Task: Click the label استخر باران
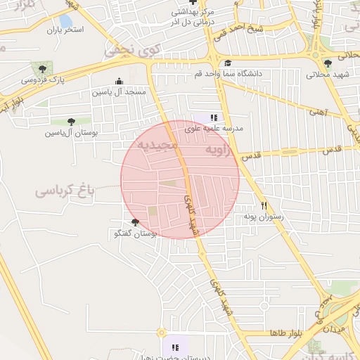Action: pyautogui.click(x=65, y=30)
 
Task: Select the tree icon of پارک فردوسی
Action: pyautogui.click(x=43, y=69)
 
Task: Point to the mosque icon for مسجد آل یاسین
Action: pyautogui.click(x=118, y=82)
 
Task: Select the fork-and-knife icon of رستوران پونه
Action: pyautogui.click(x=264, y=206)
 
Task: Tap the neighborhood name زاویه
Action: pyautogui.click(x=217, y=150)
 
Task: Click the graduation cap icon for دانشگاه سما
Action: pyautogui.click(x=227, y=63)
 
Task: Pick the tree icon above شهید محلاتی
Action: pyautogui.click(x=328, y=63)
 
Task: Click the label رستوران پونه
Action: pyautogui.click(x=263, y=217)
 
